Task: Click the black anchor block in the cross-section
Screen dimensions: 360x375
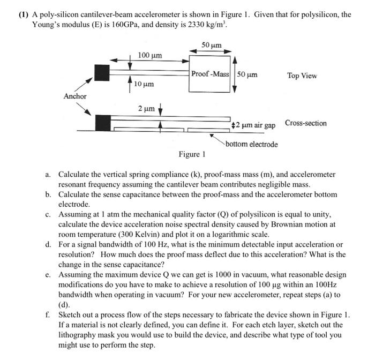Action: (x=103, y=123)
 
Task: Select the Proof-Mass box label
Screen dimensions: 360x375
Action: (x=210, y=74)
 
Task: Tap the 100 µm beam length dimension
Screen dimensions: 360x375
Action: (x=150, y=55)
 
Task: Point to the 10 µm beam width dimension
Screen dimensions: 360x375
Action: (x=144, y=85)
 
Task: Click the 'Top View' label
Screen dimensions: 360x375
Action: (x=302, y=76)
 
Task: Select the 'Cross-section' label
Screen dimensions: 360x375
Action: (x=305, y=123)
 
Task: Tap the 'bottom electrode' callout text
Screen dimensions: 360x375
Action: (x=252, y=144)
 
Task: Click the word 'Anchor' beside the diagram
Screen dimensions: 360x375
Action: (x=74, y=96)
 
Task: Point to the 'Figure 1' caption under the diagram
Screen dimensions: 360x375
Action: (x=192, y=155)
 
